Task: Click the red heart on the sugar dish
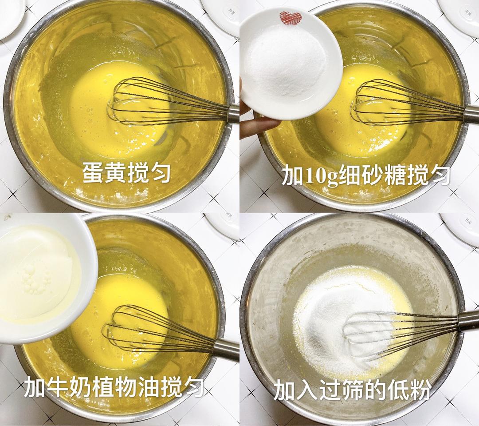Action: pyautogui.click(x=291, y=18)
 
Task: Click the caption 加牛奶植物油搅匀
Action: pyautogui.click(x=114, y=387)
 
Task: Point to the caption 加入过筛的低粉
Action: pyautogui.click(x=352, y=390)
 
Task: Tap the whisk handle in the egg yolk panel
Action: pyautogui.click(x=233, y=113)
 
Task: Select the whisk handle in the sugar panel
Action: pyautogui.click(x=471, y=114)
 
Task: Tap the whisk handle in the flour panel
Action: pyautogui.click(x=468, y=321)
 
